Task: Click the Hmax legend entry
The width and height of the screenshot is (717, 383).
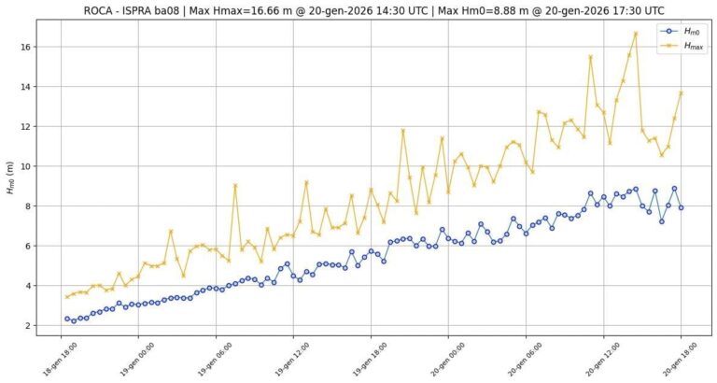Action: click(682, 45)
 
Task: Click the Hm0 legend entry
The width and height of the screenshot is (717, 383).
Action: click(682, 31)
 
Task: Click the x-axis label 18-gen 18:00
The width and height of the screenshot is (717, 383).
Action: click(61, 358)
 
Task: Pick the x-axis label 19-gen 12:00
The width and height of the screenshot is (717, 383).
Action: click(293, 358)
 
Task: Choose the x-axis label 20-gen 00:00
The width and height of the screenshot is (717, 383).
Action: click(448, 358)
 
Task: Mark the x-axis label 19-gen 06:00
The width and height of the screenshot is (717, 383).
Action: click(216, 358)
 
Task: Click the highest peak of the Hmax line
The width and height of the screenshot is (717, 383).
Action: click(636, 34)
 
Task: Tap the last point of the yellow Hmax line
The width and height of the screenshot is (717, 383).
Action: click(681, 92)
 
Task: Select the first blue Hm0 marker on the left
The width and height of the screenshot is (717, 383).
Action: click(67, 319)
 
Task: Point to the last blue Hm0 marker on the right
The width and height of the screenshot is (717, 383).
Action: click(681, 207)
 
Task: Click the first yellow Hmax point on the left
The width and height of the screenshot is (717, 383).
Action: click(67, 297)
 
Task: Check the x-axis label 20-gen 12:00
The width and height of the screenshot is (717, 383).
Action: click(603, 358)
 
